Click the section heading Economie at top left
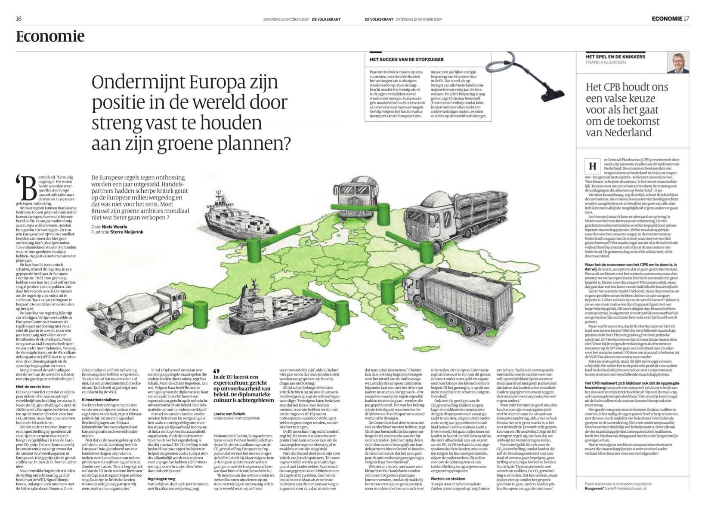[50, 37]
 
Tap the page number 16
[19, 19]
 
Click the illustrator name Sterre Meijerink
[127, 232]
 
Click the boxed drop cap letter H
[592, 166]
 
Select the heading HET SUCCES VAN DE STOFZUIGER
[406, 59]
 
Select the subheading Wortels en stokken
[448, 478]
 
